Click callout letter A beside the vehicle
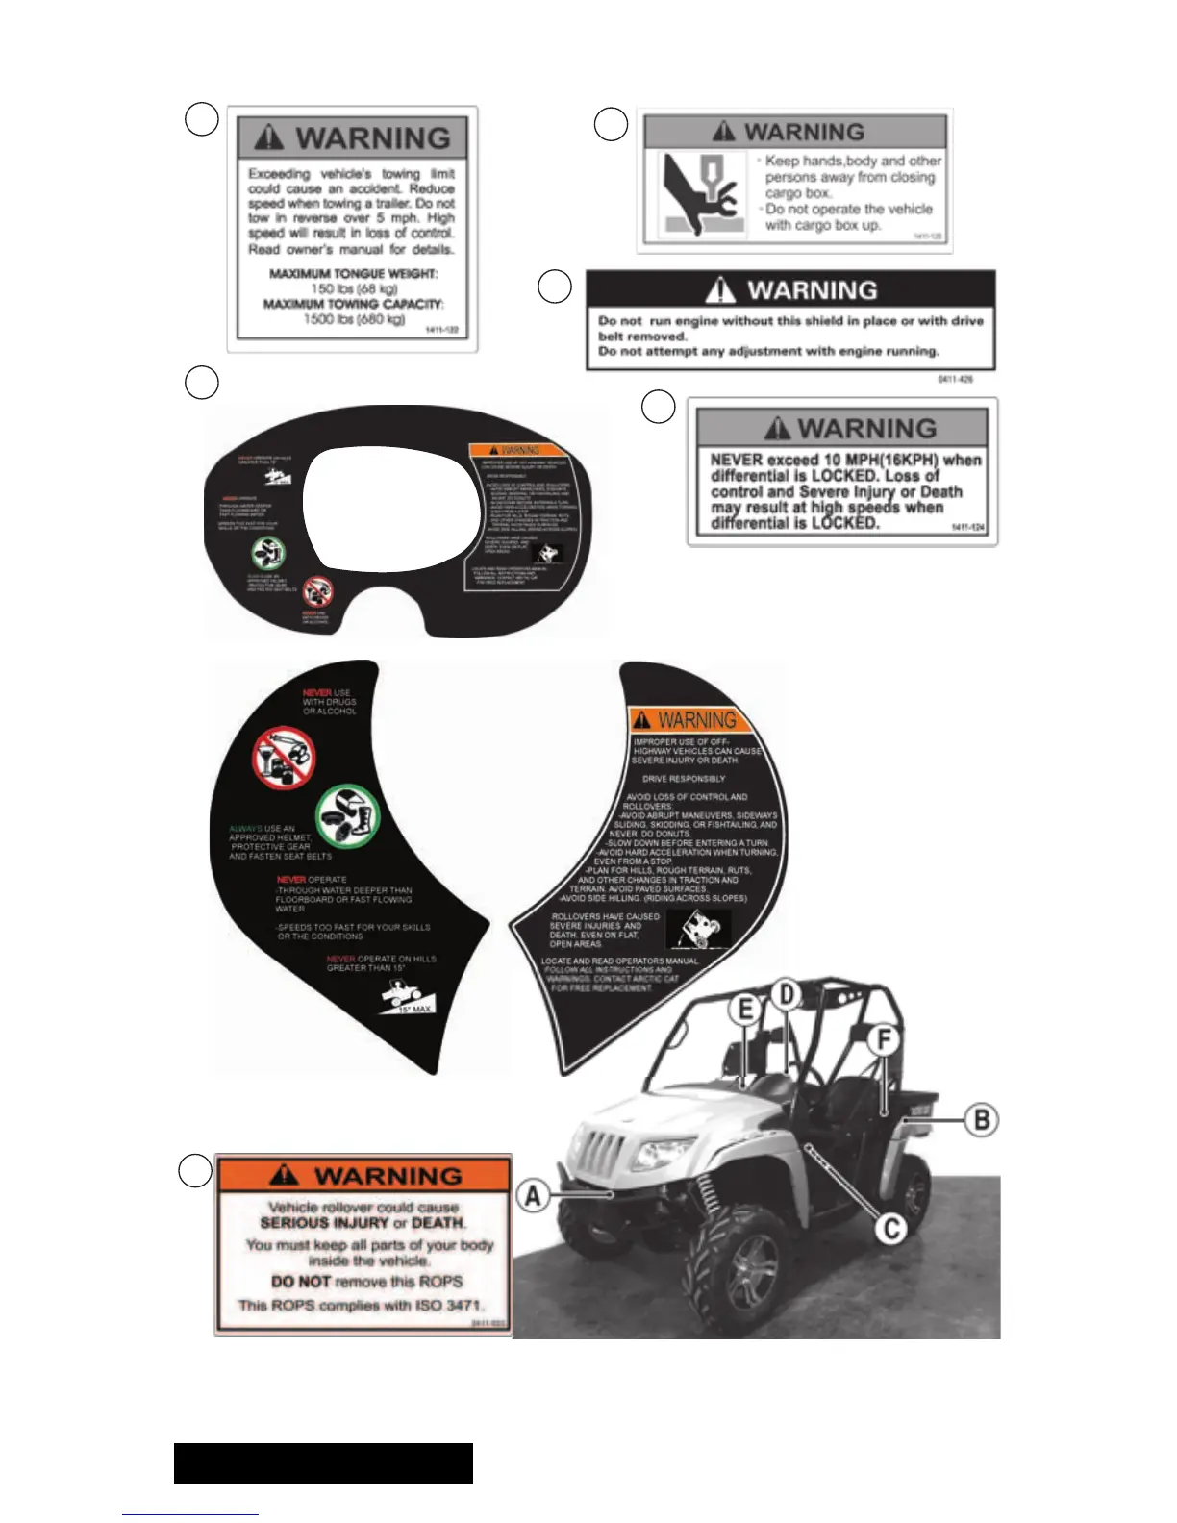click(533, 1197)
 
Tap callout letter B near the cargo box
click(981, 1120)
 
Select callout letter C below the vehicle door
click(891, 1228)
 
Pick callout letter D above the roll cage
click(787, 995)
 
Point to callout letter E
click(745, 1010)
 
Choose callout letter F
click(883, 1039)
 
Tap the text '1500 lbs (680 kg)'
click(354, 319)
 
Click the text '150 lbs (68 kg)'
click(354, 288)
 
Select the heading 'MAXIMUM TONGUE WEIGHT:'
click(354, 274)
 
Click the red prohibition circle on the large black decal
click(284, 756)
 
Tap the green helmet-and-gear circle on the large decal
click(348, 817)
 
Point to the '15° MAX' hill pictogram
click(408, 999)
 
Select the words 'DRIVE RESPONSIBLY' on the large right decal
click(684, 779)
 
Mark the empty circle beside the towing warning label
click(201, 119)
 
